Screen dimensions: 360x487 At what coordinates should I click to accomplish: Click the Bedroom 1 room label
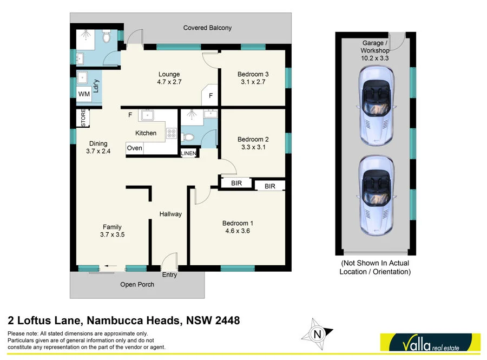pos(238,223)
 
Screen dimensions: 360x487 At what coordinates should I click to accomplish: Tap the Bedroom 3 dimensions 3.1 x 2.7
pos(253,82)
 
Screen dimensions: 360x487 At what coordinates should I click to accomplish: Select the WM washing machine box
pos(84,94)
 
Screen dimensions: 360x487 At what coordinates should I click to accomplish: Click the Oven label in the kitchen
pos(134,148)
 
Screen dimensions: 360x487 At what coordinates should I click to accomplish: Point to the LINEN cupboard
pos(189,153)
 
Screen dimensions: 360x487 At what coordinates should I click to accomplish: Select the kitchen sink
pos(147,115)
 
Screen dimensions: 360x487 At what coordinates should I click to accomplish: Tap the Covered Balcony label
pos(207,28)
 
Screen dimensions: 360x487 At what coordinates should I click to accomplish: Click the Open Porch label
pos(137,284)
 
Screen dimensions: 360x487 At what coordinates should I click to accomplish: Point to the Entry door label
pos(169,274)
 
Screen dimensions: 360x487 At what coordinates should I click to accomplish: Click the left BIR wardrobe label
pos(236,184)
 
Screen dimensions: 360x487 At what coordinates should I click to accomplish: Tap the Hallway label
pos(170,214)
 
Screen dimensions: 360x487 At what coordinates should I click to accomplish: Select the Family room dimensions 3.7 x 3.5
pos(113,235)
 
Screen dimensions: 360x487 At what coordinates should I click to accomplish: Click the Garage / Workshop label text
pos(375,47)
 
